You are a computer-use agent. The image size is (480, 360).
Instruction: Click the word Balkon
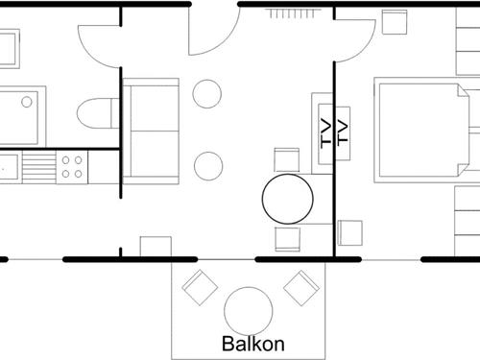[x=253, y=343]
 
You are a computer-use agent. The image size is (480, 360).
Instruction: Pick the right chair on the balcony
[x=300, y=286]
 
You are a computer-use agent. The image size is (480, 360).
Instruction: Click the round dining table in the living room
[x=288, y=200]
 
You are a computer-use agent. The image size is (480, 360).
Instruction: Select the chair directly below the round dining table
[x=288, y=238]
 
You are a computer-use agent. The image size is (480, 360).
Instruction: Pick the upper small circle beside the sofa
[x=206, y=93]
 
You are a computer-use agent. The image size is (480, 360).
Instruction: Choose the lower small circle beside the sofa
[x=207, y=165]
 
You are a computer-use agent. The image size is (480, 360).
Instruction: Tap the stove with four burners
[x=72, y=168]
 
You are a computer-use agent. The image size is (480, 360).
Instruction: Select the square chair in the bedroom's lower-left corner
[x=349, y=233]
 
